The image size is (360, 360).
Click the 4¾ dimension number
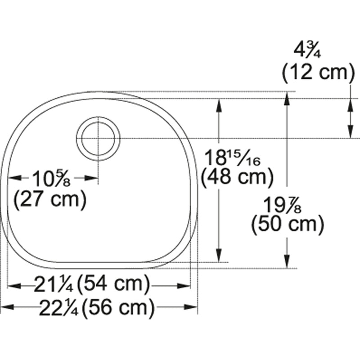[308, 50]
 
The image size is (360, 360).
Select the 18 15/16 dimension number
[232, 157]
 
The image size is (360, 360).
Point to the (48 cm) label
[238, 177]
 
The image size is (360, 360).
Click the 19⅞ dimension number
[282, 205]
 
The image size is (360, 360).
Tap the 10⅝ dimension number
[51, 179]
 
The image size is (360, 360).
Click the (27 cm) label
[50, 199]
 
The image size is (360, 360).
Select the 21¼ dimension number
[54, 285]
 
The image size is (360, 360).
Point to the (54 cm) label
[113, 285]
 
